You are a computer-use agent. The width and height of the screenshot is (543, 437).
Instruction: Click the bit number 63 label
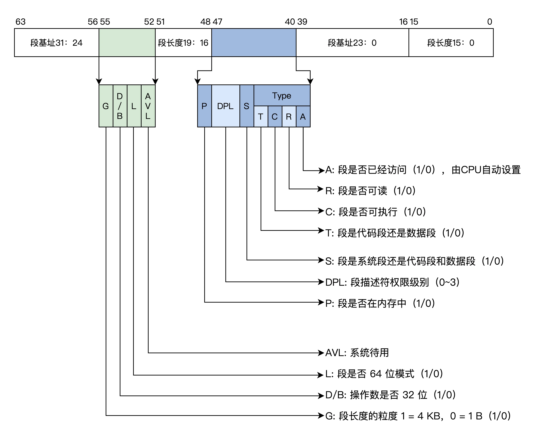click(x=20, y=22)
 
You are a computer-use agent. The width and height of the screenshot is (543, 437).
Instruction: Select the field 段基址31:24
click(x=56, y=43)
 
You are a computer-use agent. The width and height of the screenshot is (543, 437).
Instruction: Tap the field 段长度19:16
click(x=183, y=43)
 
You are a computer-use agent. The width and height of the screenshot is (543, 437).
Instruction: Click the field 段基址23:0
click(x=352, y=43)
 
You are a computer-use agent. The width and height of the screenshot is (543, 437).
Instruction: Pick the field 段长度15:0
click(x=451, y=43)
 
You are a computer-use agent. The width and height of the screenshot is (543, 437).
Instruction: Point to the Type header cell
click(x=282, y=96)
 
